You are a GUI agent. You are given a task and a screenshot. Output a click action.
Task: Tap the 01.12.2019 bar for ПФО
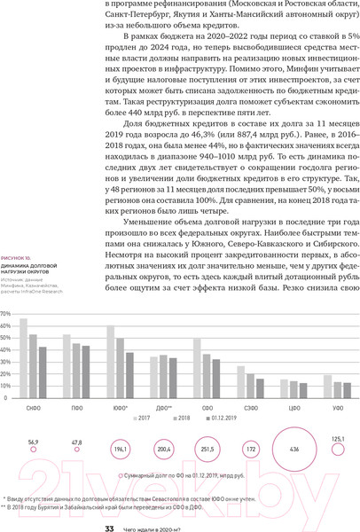(x=86, y=375)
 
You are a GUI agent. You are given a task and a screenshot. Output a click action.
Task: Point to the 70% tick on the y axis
(x=6, y=314)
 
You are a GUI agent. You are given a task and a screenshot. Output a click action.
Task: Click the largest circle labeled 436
(x=294, y=449)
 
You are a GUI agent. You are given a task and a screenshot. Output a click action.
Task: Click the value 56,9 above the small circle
(x=34, y=441)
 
